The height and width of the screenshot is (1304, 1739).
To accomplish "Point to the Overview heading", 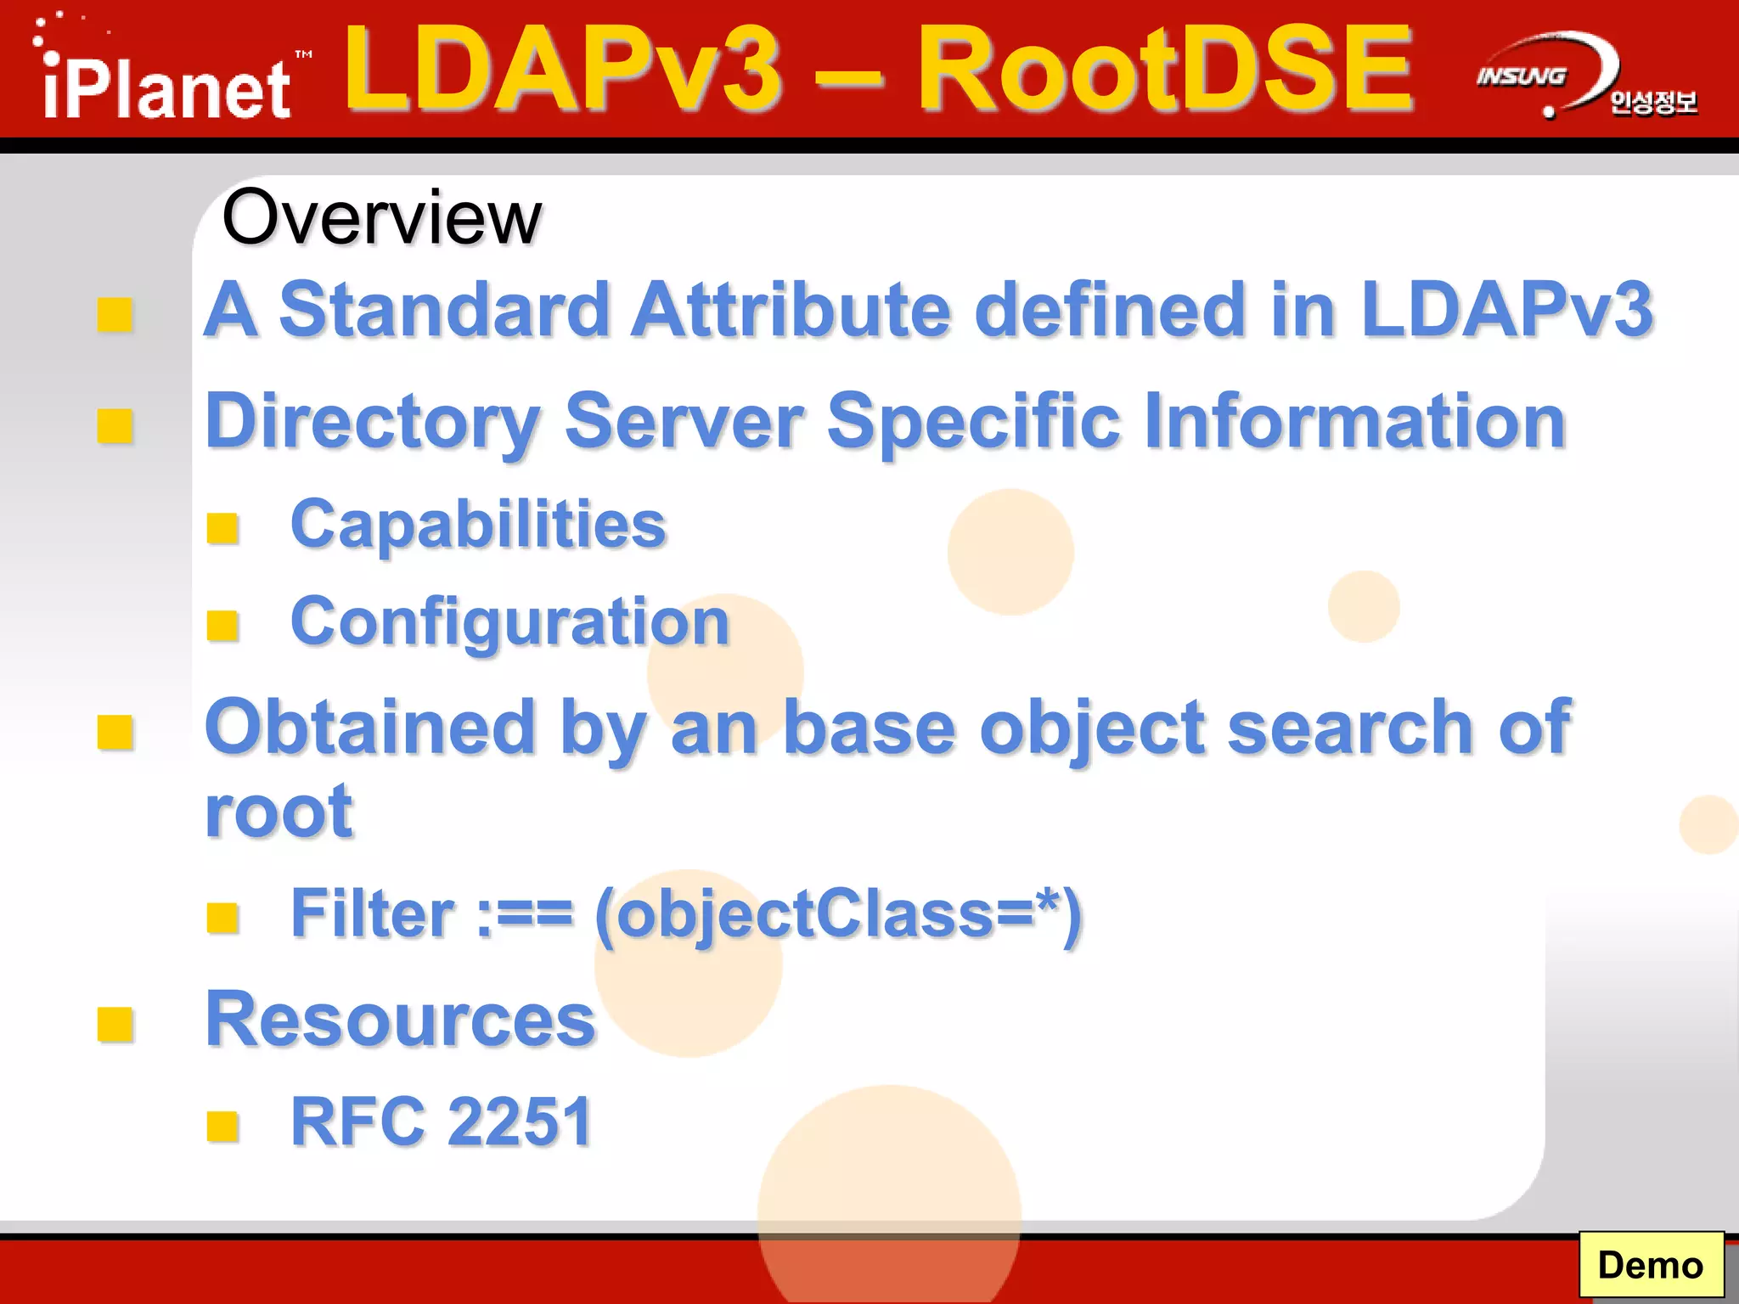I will [x=381, y=218].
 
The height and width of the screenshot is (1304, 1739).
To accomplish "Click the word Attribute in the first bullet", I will [x=790, y=310].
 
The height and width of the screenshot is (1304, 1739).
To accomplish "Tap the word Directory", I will [x=372, y=422].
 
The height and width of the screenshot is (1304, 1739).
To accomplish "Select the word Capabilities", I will [x=479, y=525].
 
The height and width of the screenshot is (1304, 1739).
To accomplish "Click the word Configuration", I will [x=509, y=622].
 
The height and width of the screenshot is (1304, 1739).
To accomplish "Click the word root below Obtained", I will [x=279, y=812].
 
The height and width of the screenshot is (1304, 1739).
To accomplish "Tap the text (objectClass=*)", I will [x=838, y=915].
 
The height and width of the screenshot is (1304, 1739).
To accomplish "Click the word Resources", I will [x=400, y=1019].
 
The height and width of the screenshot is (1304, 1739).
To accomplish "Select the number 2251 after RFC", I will [x=519, y=1122].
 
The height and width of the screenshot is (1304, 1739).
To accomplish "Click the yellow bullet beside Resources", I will [x=115, y=1024].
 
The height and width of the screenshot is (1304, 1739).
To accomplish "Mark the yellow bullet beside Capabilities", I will [x=222, y=528].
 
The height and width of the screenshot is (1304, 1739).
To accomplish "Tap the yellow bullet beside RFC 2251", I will [x=222, y=1127].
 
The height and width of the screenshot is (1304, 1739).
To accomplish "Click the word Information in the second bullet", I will [x=1354, y=422].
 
